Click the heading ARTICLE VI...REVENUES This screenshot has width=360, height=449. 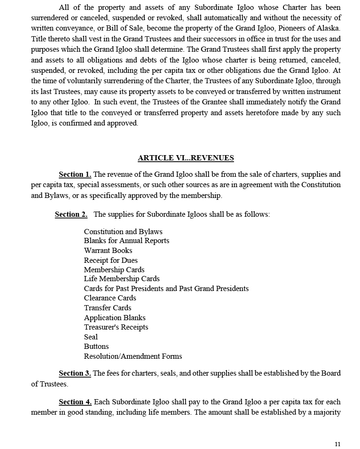click(186, 158)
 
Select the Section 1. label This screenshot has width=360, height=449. click(75, 174)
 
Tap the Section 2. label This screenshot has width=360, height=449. click(71, 214)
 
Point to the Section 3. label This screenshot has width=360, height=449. click(75, 373)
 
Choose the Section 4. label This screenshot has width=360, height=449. click(75, 402)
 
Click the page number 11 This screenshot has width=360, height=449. click(337, 444)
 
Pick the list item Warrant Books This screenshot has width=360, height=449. click(108, 251)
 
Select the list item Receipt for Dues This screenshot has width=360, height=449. click(110, 260)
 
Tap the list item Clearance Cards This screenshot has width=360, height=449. click(110, 298)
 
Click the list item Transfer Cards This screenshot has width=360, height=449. click(108, 308)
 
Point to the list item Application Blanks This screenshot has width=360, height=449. click(115, 318)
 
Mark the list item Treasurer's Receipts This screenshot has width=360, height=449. click(116, 327)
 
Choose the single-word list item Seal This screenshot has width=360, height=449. click(91, 337)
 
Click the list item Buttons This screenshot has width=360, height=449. click(96, 347)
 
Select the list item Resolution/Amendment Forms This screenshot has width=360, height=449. click(133, 356)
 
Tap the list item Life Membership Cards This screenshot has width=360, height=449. click(122, 279)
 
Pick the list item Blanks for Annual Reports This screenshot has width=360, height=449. click(126, 241)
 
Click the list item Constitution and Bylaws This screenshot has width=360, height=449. click(123, 232)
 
